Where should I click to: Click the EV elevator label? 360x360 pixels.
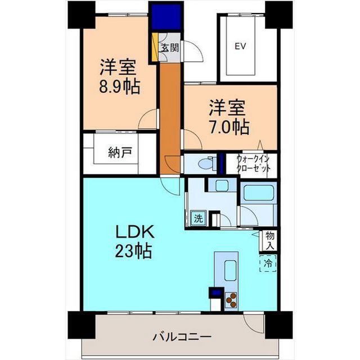coord(240,46)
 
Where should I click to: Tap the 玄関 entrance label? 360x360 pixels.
coord(170,48)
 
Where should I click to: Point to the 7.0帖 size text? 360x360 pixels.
coord(229,127)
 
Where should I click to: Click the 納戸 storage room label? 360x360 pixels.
coord(120,153)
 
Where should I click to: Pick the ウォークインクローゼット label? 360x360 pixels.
coord(253,164)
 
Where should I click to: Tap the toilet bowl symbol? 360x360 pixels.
coord(205,164)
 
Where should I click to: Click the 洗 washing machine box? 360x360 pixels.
coord(198,218)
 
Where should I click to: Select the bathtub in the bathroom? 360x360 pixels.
coord(259,193)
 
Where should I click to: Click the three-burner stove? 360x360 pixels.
coord(231,300)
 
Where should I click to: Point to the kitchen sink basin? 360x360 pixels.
coord(230,271)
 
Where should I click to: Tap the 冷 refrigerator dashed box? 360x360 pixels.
coord(268,263)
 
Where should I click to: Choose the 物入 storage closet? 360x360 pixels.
coord(269,241)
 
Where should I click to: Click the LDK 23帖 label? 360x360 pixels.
coord(134,242)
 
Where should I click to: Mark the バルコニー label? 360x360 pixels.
coord(182,337)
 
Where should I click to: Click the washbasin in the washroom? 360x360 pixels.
coord(222,186)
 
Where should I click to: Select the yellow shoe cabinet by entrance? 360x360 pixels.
coord(155,47)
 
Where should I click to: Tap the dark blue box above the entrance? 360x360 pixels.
coord(166,17)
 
